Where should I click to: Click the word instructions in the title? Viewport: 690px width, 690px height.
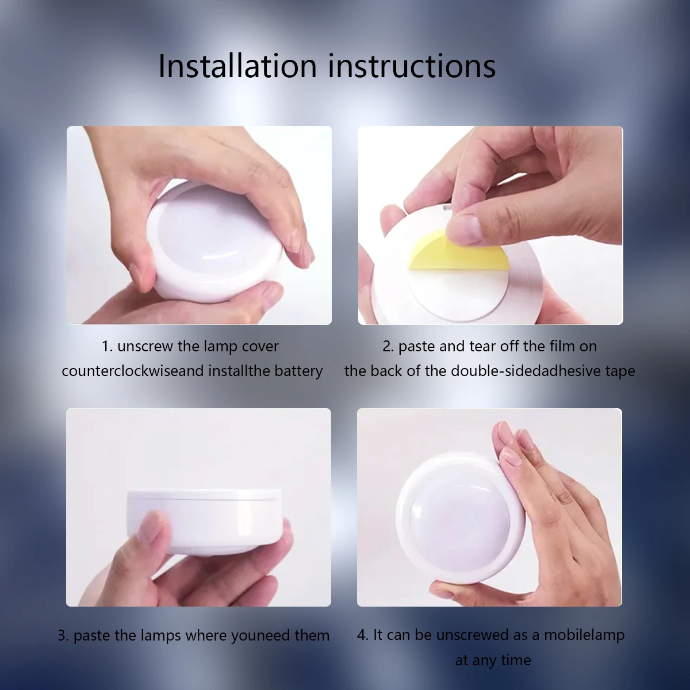pyautogui.click(x=412, y=66)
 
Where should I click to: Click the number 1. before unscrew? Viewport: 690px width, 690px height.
pyautogui.click(x=108, y=347)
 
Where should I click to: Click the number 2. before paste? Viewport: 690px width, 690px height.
pyautogui.click(x=388, y=347)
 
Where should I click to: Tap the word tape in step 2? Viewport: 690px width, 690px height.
pyautogui.click(x=620, y=371)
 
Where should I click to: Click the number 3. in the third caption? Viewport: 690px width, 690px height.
pyautogui.click(x=63, y=636)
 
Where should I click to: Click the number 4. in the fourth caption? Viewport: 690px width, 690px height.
pyautogui.click(x=363, y=635)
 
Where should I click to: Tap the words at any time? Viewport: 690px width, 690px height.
pyautogui.click(x=493, y=660)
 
